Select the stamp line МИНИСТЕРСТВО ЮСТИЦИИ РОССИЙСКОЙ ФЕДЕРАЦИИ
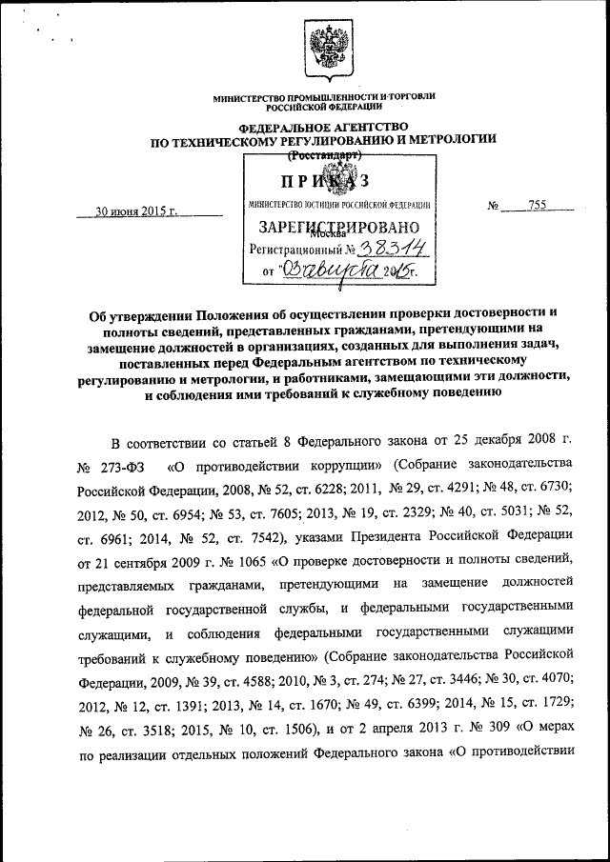pyautogui.click(x=339, y=204)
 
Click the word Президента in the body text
pyautogui.click(x=406, y=535)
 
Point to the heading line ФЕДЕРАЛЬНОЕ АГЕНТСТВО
pyautogui.click(x=324, y=127)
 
